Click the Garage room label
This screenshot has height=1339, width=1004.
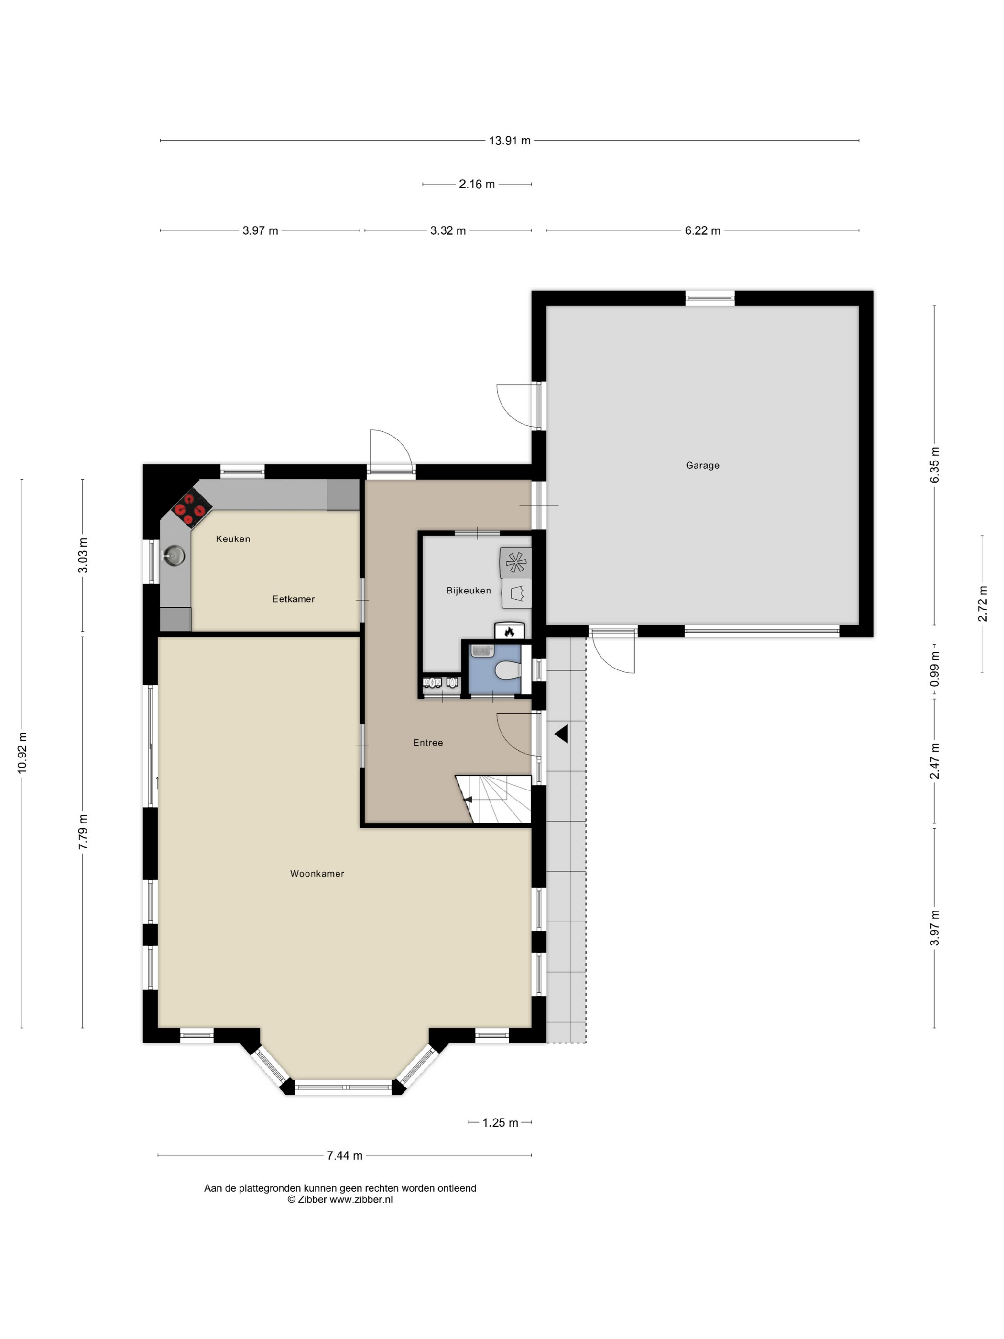pos(702,465)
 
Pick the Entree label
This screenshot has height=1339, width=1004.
pos(428,743)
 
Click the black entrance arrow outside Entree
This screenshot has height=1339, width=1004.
pos(562,734)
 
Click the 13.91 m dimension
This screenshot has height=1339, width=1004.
pos(510,141)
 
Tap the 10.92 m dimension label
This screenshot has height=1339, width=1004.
pos(22,752)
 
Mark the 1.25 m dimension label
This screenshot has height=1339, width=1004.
pos(501,1123)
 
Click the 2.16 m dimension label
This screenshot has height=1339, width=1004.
pos(477,184)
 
